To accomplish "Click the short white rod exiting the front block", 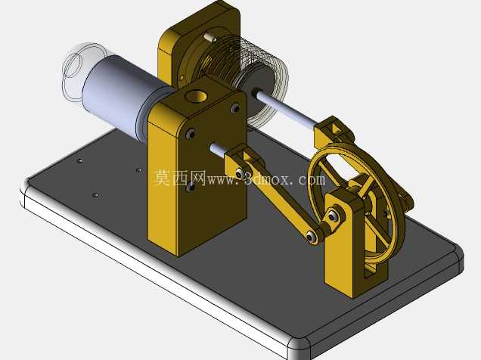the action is point(219,149).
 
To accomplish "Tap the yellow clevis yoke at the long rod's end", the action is point(333,132).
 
